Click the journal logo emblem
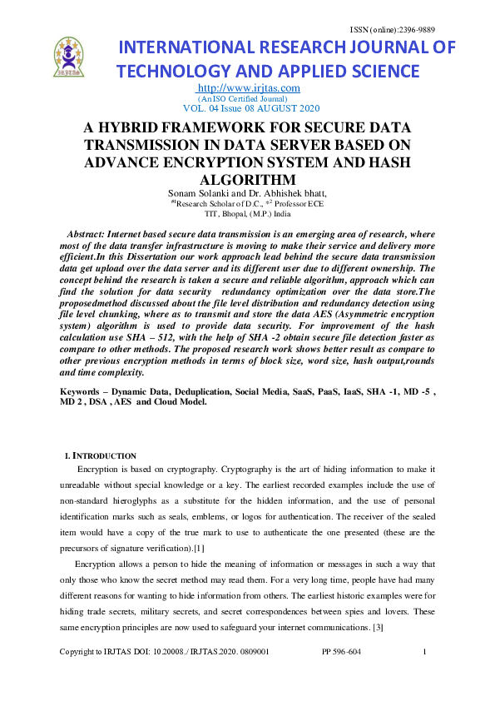(68, 57)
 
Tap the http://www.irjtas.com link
(248, 88)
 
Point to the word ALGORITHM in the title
(248, 179)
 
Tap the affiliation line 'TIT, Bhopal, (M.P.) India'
(248, 212)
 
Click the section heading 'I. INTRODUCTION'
(101, 455)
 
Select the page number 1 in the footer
(424, 652)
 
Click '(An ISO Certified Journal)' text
(248, 98)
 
